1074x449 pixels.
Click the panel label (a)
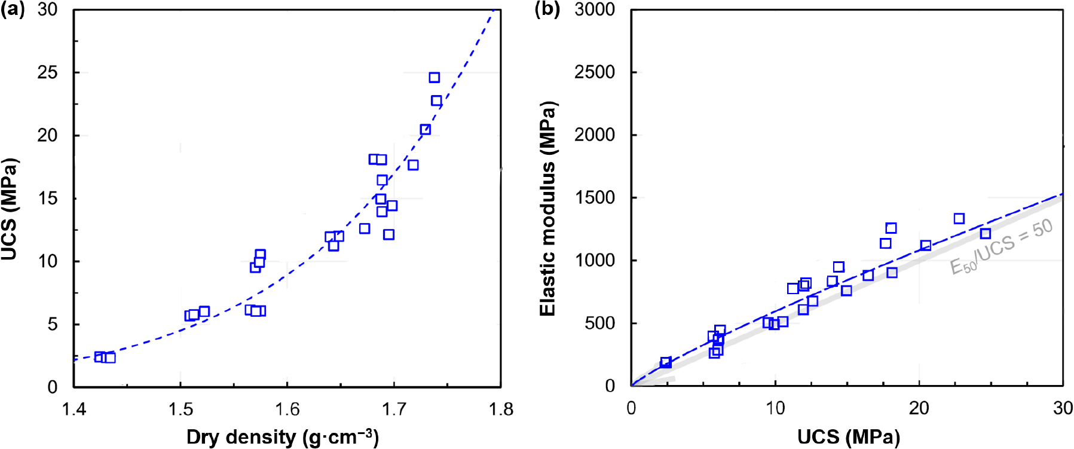tap(12, 10)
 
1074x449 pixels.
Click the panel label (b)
tap(547, 10)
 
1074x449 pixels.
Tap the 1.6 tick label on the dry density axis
tap(287, 409)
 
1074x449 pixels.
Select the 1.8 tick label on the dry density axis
tap(500, 409)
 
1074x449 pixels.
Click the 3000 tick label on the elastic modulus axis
tap(594, 10)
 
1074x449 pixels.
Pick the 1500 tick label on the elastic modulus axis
tap(594, 198)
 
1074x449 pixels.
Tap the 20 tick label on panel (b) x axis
tap(919, 408)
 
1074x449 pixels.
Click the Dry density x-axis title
tap(282, 437)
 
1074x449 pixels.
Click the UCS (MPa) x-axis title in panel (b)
tap(848, 437)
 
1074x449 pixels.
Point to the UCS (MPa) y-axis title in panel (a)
tap(10, 209)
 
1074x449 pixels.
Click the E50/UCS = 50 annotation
tap(1001, 246)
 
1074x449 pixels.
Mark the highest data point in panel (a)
tap(435, 78)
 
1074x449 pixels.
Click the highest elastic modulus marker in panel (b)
tap(959, 219)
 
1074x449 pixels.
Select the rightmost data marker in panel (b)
tap(986, 234)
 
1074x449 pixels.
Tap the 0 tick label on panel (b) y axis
tap(610, 386)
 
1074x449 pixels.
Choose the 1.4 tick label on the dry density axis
tap(74, 409)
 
